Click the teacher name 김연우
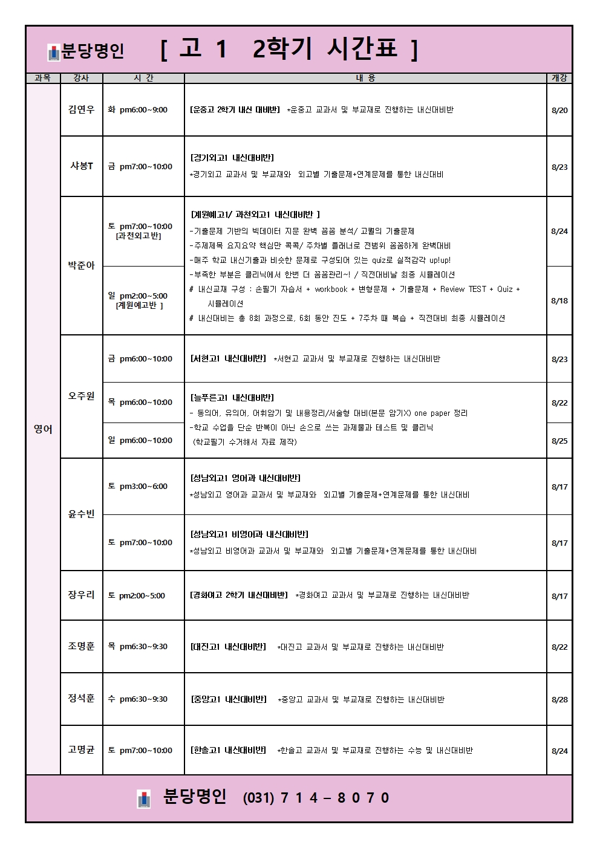coord(81,109)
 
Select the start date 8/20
coord(559,110)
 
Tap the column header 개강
coord(559,78)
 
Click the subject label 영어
coord(43,429)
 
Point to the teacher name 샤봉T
coord(81,166)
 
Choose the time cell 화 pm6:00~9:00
coord(138,109)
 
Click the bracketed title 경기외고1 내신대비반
coord(232,158)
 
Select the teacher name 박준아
coord(81,265)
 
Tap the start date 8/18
coord(559,300)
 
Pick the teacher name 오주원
coord(81,395)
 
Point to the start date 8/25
coord(559,441)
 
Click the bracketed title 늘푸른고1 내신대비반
coord(232,398)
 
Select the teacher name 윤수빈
coord(81,514)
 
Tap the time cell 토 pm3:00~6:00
coord(138,486)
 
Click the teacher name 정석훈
coord(81,698)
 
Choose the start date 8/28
coord(559,699)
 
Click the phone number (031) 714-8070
coord(316,798)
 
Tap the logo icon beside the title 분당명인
coord(54,53)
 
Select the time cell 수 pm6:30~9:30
coord(138,699)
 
